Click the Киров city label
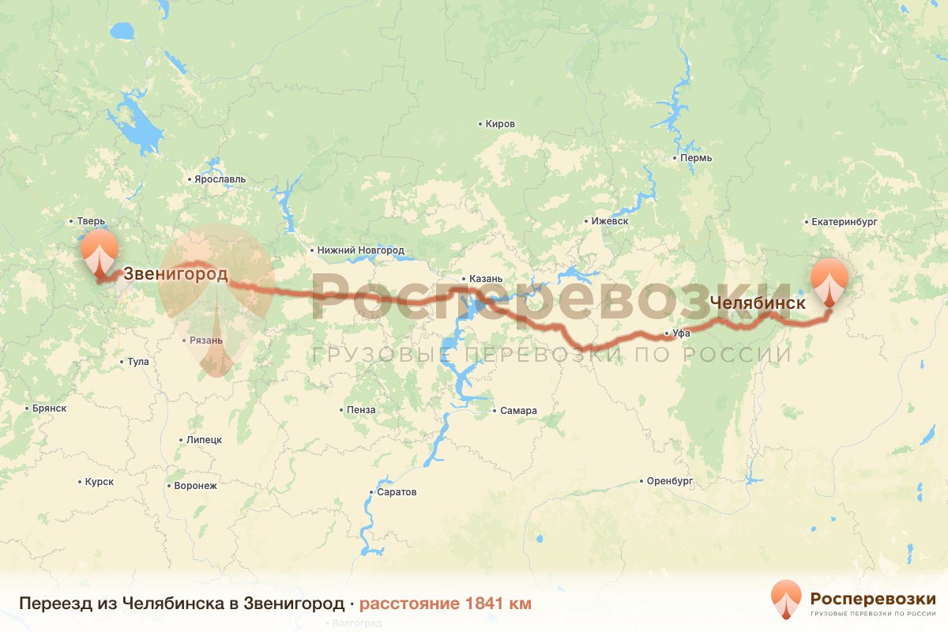[x=500, y=125]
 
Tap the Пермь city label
[x=696, y=158]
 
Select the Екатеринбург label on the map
[x=845, y=222]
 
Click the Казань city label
[x=480, y=279]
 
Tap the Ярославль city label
[x=220, y=179]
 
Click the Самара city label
[x=518, y=411]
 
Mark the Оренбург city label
[x=668, y=481]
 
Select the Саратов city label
[x=397, y=492]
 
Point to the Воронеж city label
[x=194, y=486]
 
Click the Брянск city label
[x=49, y=408]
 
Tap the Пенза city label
[x=361, y=410]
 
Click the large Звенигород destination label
[x=175, y=275]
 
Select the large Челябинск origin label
[x=758, y=303]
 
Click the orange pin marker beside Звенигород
[x=99, y=253]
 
